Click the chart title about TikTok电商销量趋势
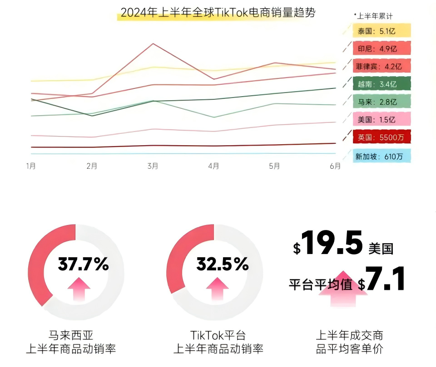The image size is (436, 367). [x=218, y=13]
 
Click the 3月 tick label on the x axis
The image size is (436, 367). [x=153, y=166]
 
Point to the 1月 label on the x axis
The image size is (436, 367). [x=31, y=166]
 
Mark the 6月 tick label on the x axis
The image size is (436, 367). [x=335, y=166]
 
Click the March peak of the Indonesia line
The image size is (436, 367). [x=153, y=44]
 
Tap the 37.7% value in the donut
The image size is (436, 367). [x=83, y=264]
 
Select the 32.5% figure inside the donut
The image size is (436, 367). [x=223, y=264]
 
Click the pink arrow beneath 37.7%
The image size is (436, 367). [x=79, y=289]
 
